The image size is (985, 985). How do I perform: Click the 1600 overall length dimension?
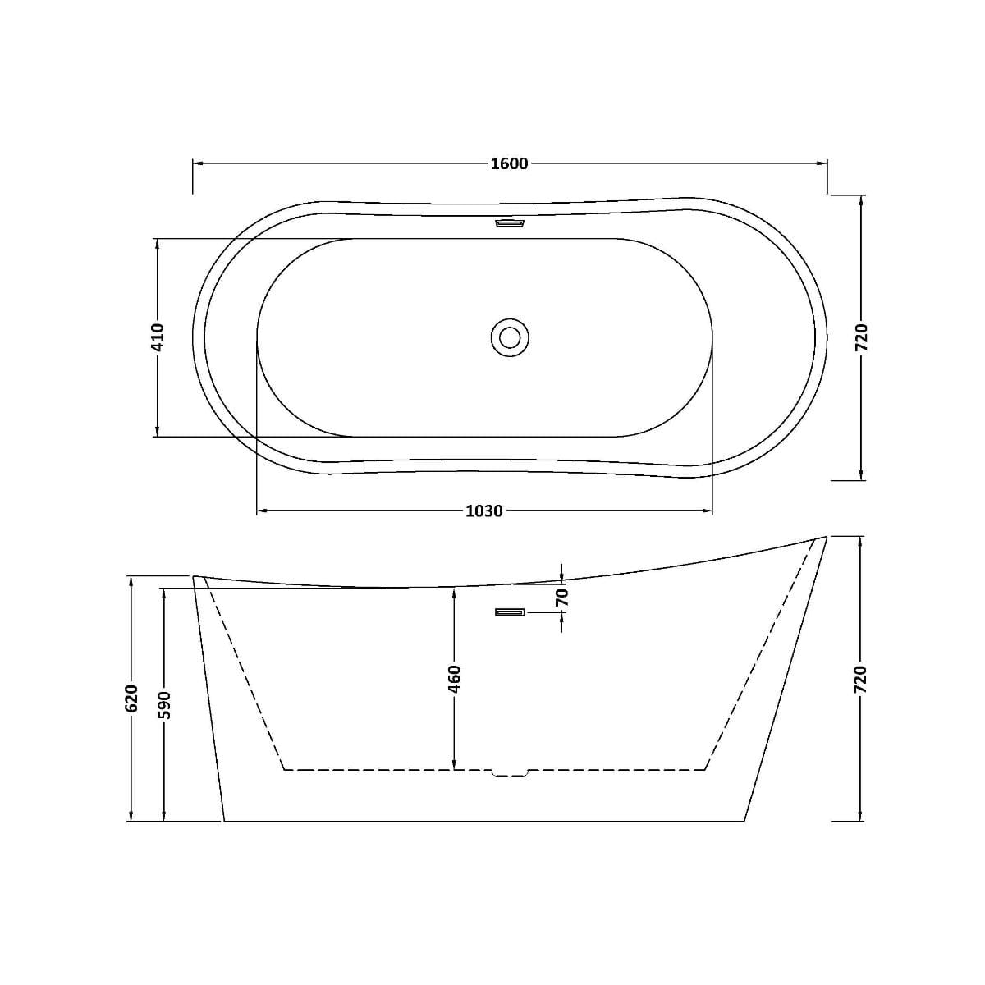[x=509, y=163]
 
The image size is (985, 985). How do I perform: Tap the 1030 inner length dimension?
[x=484, y=511]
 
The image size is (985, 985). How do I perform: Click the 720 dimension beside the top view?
[x=861, y=337]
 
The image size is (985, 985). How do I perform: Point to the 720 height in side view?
[x=861, y=680]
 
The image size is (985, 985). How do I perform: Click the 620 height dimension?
[x=131, y=698]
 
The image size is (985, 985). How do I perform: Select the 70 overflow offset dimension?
[x=561, y=597]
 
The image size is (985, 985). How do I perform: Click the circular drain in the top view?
[x=510, y=338]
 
